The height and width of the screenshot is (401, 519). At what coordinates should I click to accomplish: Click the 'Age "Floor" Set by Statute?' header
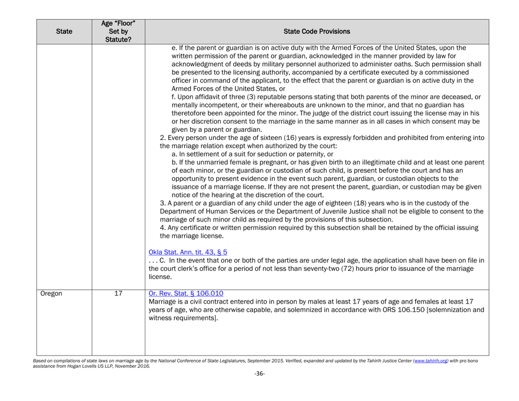click(x=119, y=32)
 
